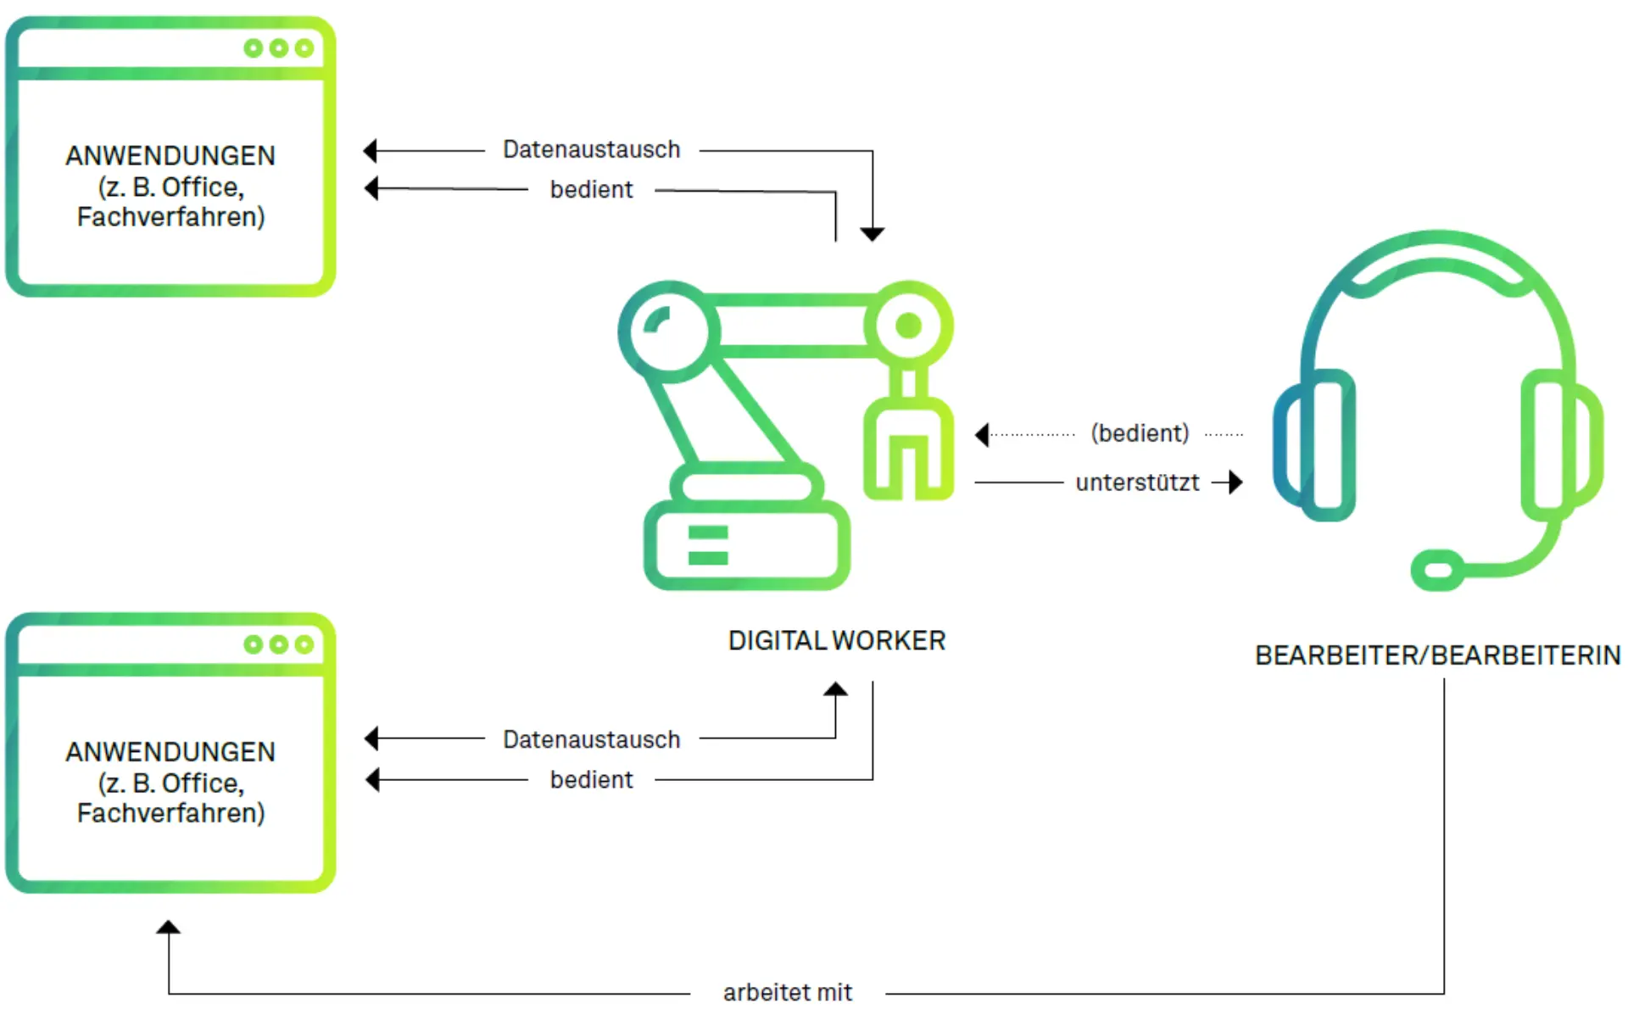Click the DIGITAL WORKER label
tap(836, 641)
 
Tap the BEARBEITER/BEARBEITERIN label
tap(1437, 655)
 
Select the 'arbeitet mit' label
tap(787, 992)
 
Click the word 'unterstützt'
tap(1137, 482)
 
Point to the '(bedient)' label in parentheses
tap(1140, 433)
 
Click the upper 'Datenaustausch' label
tap(591, 149)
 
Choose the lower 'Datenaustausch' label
tap(591, 739)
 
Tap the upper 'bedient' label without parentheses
tap(591, 189)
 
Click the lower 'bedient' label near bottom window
tap(591, 779)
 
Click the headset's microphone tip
tap(1437, 570)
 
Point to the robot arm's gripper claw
tap(908, 449)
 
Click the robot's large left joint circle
tap(669, 330)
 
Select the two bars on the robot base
tap(708, 545)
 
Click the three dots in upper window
tap(278, 48)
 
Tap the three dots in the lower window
tap(278, 644)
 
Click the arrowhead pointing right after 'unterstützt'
tap(1235, 482)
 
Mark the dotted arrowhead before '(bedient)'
tap(982, 435)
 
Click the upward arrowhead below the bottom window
tap(168, 928)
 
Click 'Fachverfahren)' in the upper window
tap(170, 217)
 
